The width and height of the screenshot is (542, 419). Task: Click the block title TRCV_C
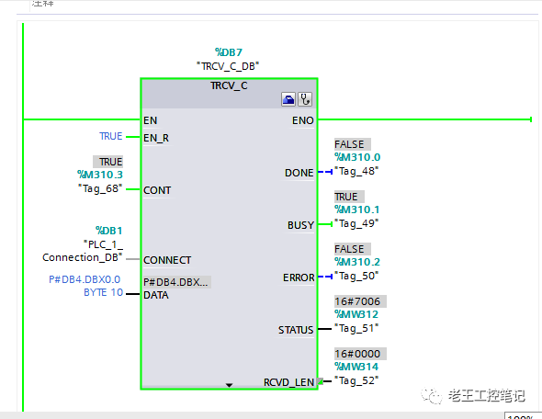pyautogui.click(x=229, y=85)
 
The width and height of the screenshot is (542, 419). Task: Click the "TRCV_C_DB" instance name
pyautogui.click(x=228, y=66)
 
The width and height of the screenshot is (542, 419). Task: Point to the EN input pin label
pyautogui.click(x=150, y=119)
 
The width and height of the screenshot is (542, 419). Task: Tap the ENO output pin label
pyautogui.click(x=302, y=119)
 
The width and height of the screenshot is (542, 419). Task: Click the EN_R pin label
pyautogui.click(x=156, y=138)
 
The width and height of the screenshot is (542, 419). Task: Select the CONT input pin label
pyautogui.click(x=157, y=190)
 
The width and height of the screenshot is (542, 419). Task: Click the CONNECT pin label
pyautogui.click(x=167, y=260)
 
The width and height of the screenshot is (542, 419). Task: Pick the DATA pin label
pyautogui.click(x=155, y=295)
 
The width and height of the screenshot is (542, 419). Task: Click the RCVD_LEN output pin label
pyautogui.click(x=288, y=381)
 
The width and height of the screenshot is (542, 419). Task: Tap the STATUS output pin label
pyautogui.click(x=296, y=329)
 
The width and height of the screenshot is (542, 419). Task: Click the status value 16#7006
pyautogui.click(x=357, y=301)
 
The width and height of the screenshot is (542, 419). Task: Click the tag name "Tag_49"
pyautogui.click(x=357, y=222)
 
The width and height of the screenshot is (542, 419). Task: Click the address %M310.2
pyautogui.click(x=357, y=262)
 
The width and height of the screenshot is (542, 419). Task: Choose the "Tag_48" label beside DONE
pyautogui.click(x=357, y=170)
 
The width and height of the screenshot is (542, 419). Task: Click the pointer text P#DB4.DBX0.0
pyautogui.click(x=84, y=279)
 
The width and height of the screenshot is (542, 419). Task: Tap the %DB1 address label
pyautogui.click(x=108, y=231)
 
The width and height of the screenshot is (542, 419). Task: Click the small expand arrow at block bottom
pyautogui.click(x=230, y=385)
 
